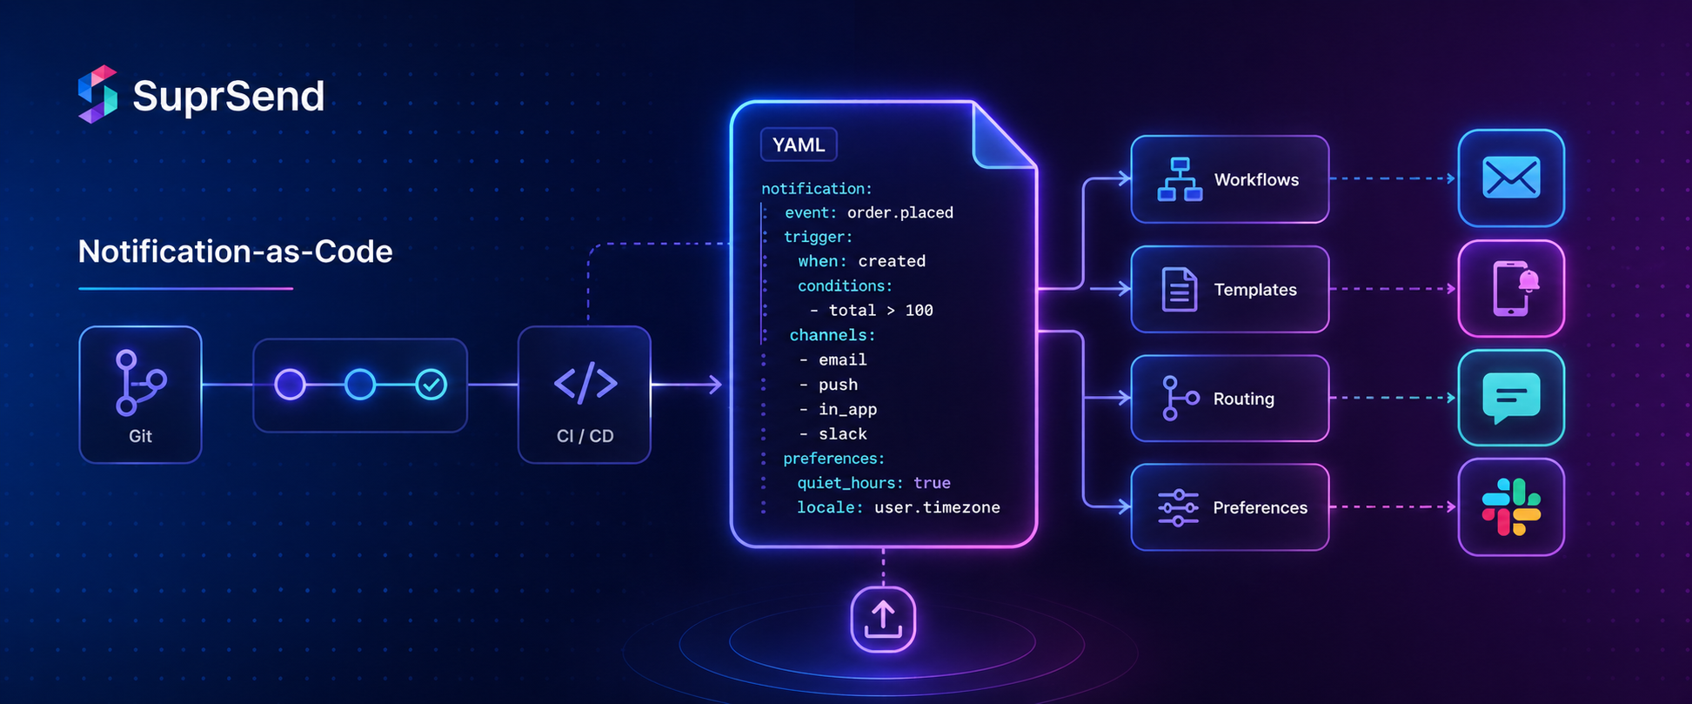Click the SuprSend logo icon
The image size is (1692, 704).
tap(97, 94)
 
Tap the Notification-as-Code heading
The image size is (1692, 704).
tap(235, 251)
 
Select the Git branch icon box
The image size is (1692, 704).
tap(140, 394)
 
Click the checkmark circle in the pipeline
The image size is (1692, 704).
tap(431, 385)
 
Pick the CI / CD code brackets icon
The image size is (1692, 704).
tap(585, 383)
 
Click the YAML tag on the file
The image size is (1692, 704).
tap(799, 144)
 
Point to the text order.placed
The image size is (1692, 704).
tap(900, 212)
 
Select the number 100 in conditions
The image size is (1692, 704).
tap(919, 311)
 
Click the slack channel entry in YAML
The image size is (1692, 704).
tap(842, 433)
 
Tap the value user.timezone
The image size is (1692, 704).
tap(937, 507)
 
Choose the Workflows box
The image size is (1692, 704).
tap(1229, 179)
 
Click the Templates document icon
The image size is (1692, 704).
tap(1179, 290)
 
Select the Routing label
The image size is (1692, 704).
tap(1243, 399)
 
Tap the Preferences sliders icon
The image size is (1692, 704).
tap(1178, 507)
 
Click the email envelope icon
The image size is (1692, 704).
tap(1511, 178)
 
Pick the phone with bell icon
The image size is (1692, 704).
tap(1512, 289)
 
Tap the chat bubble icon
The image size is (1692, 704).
tap(1511, 398)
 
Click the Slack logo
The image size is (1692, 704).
tap(1511, 507)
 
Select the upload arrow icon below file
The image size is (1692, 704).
tap(883, 620)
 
